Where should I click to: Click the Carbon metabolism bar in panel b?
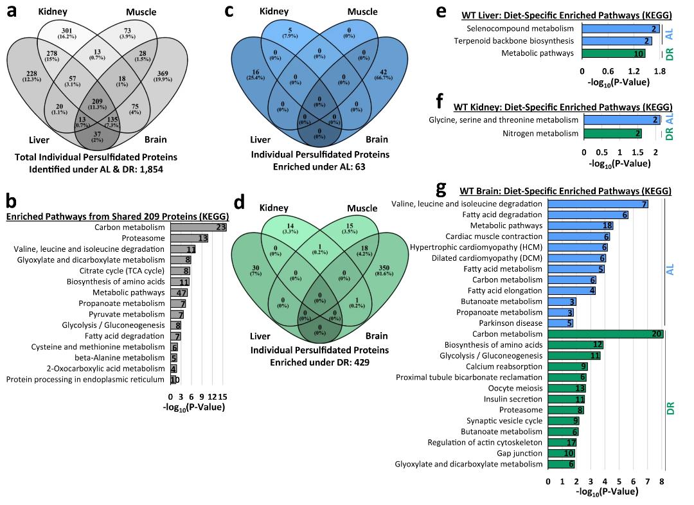click(199, 227)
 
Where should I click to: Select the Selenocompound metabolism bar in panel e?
click(621, 29)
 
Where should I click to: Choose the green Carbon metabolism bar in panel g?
click(605, 334)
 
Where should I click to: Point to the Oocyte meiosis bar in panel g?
click(567, 388)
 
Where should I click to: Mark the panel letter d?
click(240, 203)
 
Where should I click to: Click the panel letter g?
click(441, 188)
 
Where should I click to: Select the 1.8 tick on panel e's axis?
click(659, 73)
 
